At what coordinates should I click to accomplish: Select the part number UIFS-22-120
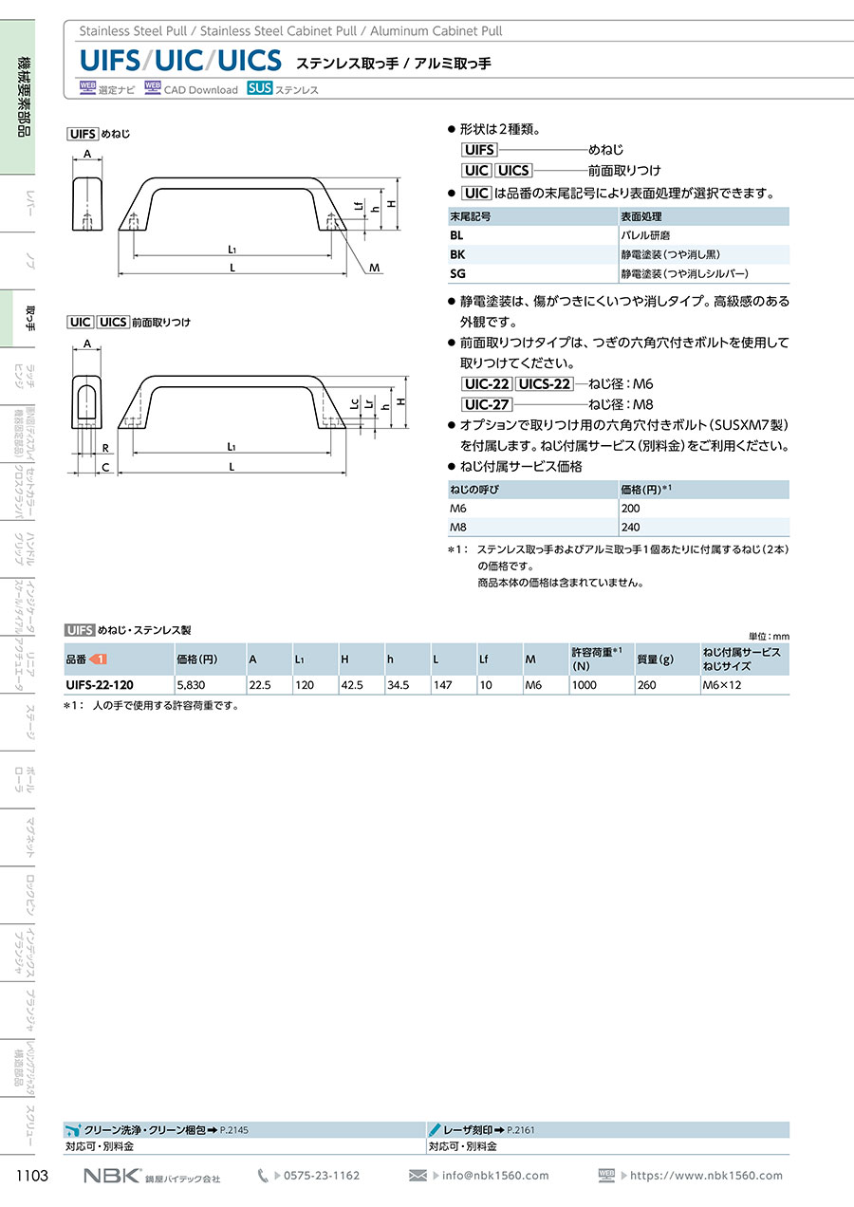pyautogui.click(x=100, y=684)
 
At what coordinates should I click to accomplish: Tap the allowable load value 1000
pyautogui.click(x=585, y=684)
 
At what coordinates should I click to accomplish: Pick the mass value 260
pyautogui.click(x=646, y=684)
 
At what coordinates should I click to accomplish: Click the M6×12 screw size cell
pyautogui.click(x=721, y=684)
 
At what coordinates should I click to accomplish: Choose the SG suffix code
pyautogui.click(x=458, y=273)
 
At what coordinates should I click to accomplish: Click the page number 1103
pyautogui.click(x=32, y=1176)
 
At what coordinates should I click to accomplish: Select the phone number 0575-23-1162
pyautogui.click(x=322, y=1176)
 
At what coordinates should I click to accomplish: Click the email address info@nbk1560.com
pyautogui.click(x=495, y=1176)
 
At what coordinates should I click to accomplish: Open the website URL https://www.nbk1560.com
pyautogui.click(x=707, y=1176)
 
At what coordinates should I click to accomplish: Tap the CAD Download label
pyautogui.click(x=200, y=90)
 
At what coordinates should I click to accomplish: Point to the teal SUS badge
pyautogui.click(x=259, y=89)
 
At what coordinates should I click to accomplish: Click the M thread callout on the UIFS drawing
pyautogui.click(x=375, y=269)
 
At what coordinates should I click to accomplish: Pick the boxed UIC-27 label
pyautogui.click(x=486, y=403)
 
